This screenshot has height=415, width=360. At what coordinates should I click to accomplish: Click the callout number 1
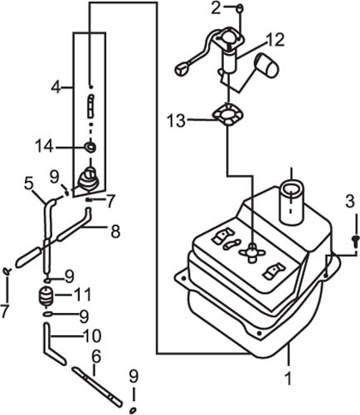coord(289,378)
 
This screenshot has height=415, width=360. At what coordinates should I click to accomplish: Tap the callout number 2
coord(216,8)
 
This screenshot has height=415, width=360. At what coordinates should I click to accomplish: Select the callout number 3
coord(350,202)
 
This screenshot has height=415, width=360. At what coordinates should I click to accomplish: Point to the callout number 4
coord(56,87)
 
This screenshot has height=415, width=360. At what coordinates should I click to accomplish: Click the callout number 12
coord(29,184)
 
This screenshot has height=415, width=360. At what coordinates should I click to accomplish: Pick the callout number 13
coord(96,357)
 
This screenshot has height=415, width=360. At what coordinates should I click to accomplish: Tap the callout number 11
coord(115,232)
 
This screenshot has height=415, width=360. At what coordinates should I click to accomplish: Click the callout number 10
coord(92,335)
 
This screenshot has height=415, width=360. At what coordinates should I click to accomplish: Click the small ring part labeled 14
coord(90,147)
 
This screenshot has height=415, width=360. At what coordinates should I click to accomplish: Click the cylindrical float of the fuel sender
coord(268,65)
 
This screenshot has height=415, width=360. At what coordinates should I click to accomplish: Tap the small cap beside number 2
coord(240,7)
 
